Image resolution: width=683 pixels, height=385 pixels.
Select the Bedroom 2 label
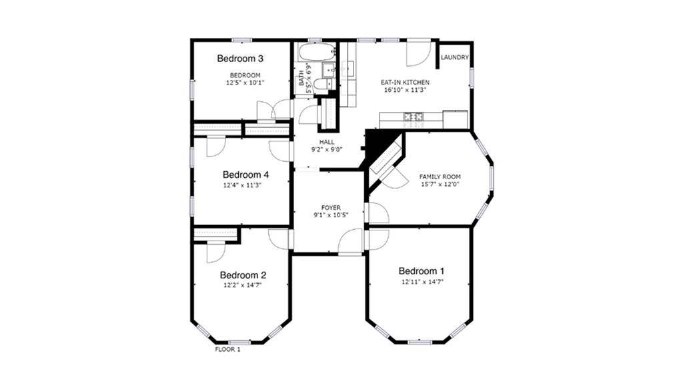243,275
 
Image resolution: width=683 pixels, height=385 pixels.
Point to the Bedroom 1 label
421,271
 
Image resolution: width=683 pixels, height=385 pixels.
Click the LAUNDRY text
454,58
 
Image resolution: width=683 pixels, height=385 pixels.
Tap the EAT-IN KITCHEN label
400,82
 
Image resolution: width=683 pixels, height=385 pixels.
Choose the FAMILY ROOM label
440,177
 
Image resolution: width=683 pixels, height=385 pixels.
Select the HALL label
327,143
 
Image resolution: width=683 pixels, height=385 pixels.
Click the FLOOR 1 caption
227,349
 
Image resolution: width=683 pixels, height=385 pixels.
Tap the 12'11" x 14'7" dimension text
422,282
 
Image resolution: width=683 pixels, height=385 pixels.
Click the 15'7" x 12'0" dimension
440,185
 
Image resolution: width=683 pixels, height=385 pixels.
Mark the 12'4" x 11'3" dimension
242,186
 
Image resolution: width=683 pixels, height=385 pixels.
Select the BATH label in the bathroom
301,80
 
